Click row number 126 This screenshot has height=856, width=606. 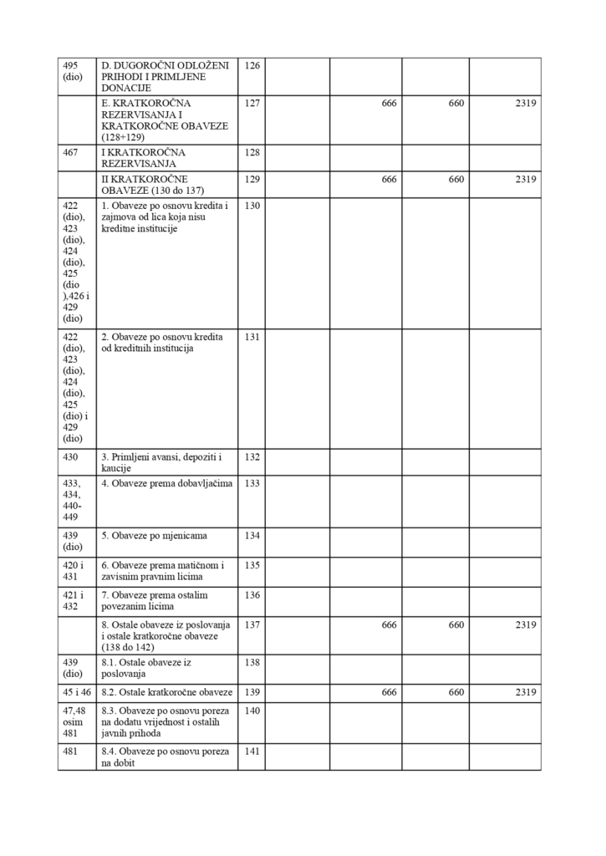pos(252,64)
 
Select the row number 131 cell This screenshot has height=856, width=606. pos(252,337)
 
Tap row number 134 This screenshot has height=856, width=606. pos(252,535)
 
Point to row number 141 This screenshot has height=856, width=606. pos(252,752)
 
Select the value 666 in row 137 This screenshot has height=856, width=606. pos(388,624)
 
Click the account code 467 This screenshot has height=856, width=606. pos(70,153)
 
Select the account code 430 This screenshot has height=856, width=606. pos(70,457)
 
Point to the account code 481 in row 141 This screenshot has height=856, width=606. pos(70,752)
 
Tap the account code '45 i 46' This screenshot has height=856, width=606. pos(76,692)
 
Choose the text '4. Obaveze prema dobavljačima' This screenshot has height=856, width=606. pos(167,483)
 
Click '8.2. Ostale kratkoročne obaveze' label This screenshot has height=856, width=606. pos(166,692)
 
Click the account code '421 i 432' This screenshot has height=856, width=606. pos(73,600)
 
